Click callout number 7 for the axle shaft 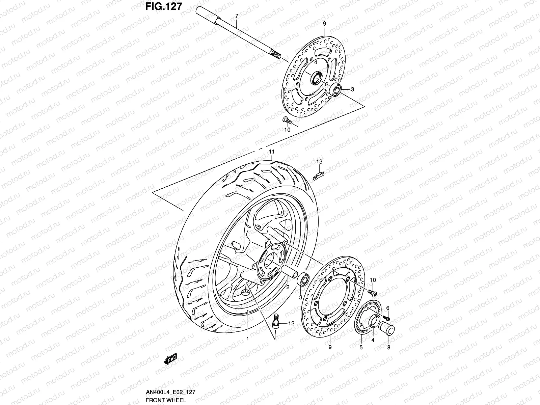click(237, 16)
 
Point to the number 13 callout click(319, 162)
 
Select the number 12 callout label click(291, 323)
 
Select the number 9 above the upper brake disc click(324, 24)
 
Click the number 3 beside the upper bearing click(352, 89)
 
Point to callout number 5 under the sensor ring click(361, 347)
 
